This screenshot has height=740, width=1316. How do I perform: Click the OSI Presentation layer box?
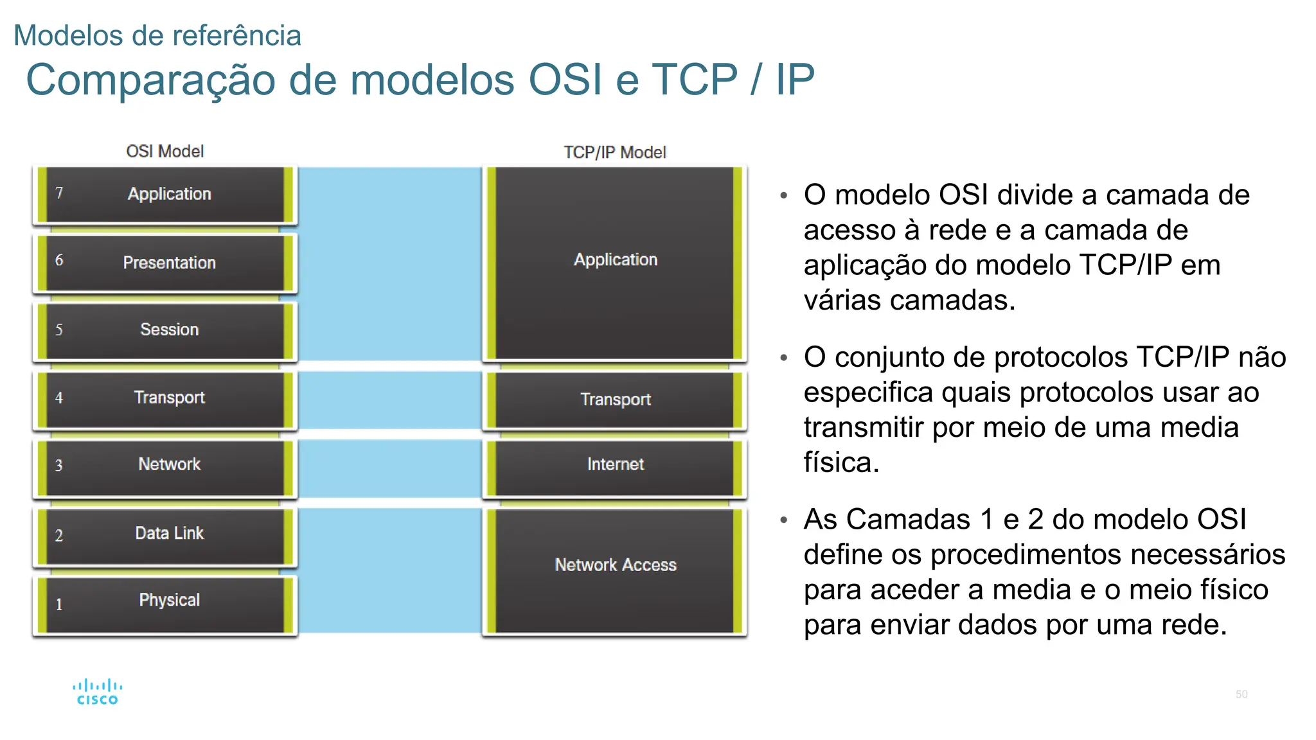pyautogui.click(x=165, y=263)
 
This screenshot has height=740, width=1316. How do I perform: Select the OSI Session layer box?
pyautogui.click(x=165, y=330)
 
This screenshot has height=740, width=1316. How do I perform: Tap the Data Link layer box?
pyautogui.click(x=165, y=534)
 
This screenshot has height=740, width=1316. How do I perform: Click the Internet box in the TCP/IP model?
pyautogui.click(x=615, y=465)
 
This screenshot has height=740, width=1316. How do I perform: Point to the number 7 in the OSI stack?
pyautogui.click(x=59, y=193)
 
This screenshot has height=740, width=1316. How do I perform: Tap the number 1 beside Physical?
pyautogui.click(x=59, y=604)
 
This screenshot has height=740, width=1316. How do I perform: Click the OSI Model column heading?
pyautogui.click(x=165, y=152)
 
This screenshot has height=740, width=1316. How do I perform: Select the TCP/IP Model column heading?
pyautogui.click(x=615, y=153)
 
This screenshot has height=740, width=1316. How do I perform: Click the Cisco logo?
pyautogui.click(x=97, y=692)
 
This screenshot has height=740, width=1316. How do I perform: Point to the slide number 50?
pyautogui.click(x=1241, y=694)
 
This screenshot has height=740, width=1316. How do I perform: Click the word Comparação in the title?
pyautogui.click(x=152, y=80)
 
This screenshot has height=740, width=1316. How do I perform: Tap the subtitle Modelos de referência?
pyautogui.click(x=157, y=35)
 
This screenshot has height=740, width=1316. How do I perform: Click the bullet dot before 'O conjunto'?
pyautogui.click(x=783, y=358)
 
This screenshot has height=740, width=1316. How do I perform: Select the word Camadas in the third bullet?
pyautogui.click(x=907, y=519)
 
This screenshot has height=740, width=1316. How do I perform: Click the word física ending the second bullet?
pyautogui.click(x=840, y=463)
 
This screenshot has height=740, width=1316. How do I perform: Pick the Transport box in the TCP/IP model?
pyautogui.click(x=615, y=400)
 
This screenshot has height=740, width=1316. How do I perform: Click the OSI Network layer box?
pyautogui.click(x=165, y=465)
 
